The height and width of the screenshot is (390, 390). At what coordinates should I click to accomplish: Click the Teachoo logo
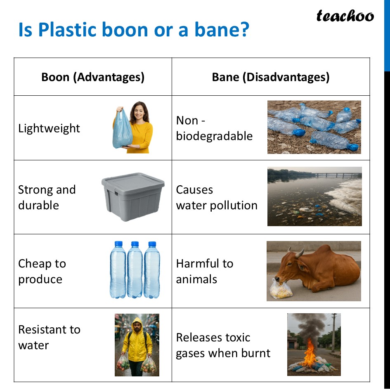[345, 16]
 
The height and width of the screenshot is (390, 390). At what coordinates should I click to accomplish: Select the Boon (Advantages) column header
[93, 77]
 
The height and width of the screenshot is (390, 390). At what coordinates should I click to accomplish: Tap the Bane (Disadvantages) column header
[270, 77]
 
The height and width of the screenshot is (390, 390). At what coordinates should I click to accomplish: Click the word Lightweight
[49, 128]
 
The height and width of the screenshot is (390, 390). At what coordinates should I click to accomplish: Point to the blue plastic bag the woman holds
[122, 131]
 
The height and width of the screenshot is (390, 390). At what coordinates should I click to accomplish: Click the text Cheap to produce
[42, 271]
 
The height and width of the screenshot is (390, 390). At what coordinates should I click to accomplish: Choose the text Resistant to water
[49, 337]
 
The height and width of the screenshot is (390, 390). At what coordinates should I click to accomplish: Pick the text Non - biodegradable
[214, 128]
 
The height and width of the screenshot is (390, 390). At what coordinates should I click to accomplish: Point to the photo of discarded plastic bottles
[314, 127]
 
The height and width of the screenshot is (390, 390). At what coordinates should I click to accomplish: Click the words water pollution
[217, 206]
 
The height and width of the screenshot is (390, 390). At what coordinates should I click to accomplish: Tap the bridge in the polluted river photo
[334, 175]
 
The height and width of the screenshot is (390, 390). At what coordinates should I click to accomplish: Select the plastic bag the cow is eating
[281, 289]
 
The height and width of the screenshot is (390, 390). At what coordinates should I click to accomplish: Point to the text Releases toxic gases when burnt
[223, 345]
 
